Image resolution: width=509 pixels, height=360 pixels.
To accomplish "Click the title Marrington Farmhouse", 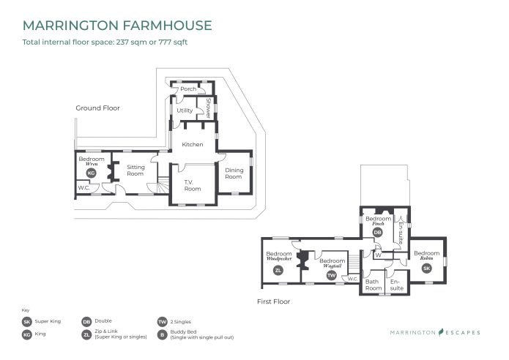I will tap(118, 26).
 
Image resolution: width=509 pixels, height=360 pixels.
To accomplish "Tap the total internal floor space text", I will tap(105, 42).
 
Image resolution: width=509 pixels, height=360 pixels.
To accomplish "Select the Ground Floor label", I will tap(97, 108).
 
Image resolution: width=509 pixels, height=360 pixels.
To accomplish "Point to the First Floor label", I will tap(273, 301).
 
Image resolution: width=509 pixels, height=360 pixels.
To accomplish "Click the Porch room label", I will tap(187, 89).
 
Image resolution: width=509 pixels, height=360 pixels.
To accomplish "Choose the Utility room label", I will tap(185, 110).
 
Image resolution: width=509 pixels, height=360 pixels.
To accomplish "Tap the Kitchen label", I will tap(193, 144).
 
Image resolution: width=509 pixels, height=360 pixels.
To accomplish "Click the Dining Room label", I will tap(234, 173).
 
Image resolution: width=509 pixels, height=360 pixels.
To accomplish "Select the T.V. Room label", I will tap(193, 185).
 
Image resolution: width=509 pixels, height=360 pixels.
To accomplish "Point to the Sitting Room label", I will tap(135, 170).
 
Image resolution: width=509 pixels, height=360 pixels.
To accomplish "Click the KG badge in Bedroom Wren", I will tap(92, 173).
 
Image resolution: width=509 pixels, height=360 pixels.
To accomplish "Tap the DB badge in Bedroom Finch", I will tap(378, 232).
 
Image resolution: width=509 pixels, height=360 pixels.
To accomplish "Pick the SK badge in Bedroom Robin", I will tap(427, 268).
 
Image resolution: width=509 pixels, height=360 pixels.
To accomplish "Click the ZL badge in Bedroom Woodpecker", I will tap(278, 271).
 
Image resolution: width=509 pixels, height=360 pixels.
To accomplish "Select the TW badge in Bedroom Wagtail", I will tap(331, 274).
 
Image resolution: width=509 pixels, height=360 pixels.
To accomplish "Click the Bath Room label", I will tap(374, 285).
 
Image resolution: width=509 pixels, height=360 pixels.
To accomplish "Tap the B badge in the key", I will tap(162, 334).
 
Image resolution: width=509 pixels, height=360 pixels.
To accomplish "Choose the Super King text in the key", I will tap(48, 321).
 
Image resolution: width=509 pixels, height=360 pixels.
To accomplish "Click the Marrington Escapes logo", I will tap(435, 332).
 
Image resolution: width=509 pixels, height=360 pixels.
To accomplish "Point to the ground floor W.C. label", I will tap(84, 188).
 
